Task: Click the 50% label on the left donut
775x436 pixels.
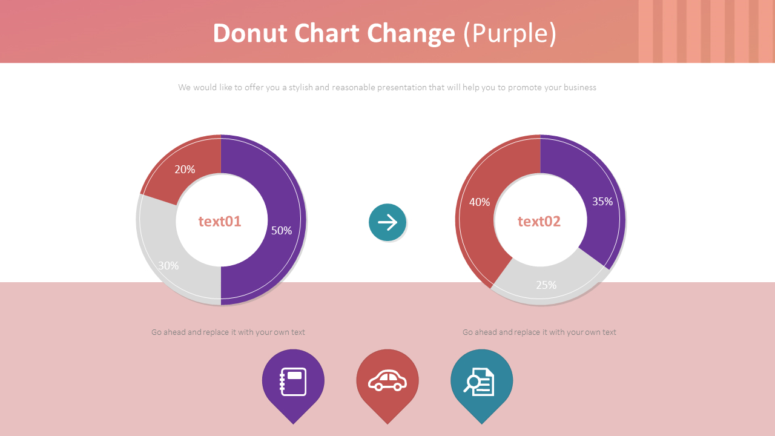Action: pyautogui.click(x=282, y=231)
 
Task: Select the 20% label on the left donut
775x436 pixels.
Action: pyautogui.click(x=185, y=170)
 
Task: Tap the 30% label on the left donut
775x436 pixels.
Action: pyautogui.click(x=168, y=265)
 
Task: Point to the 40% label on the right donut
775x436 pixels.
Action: pyautogui.click(x=480, y=202)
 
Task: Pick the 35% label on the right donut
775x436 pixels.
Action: pyautogui.click(x=602, y=202)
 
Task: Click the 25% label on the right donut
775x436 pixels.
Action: pyautogui.click(x=546, y=285)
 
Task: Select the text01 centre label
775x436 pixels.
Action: pyautogui.click(x=220, y=222)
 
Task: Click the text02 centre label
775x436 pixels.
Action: pyautogui.click(x=539, y=222)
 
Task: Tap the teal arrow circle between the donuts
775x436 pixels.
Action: pyautogui.click(x=387, y=222)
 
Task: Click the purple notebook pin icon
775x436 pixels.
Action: pyautogui.click(x=293, y=382)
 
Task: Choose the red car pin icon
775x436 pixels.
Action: pyautogui.click(x=387, y=382)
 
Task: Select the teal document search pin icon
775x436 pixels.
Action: pyautogui.click(x=481, y=382)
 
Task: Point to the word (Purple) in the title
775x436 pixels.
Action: pyautogui.click(x=510, y=34)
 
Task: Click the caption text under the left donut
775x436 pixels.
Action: pyautogui.click(x=228, y=332)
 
